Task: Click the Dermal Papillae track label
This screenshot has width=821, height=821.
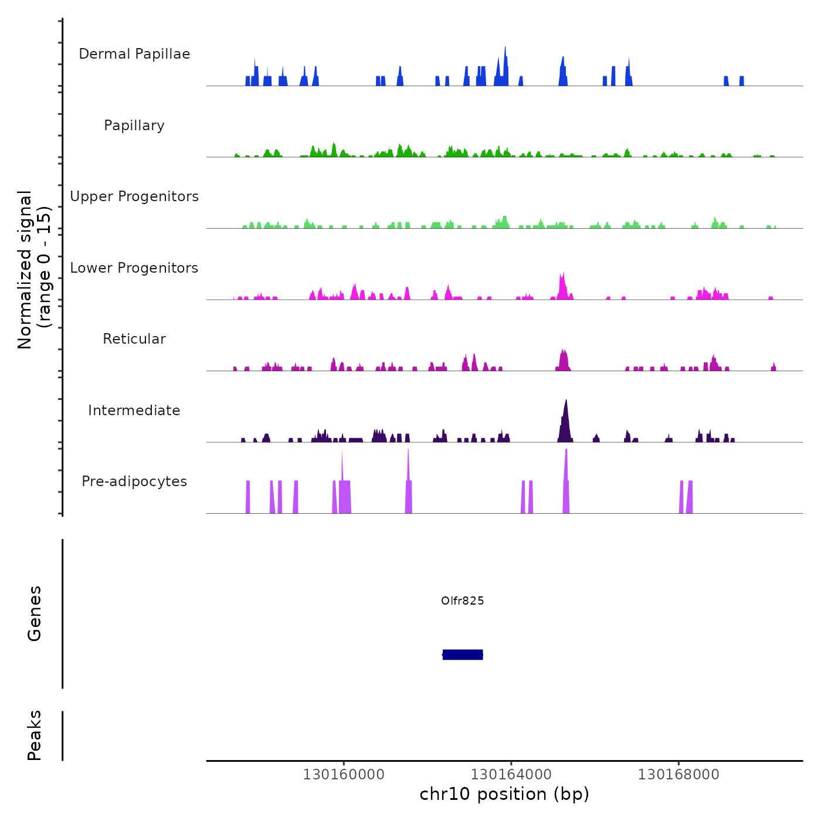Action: point(134,54)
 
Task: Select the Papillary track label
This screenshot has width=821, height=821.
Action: point(134,125)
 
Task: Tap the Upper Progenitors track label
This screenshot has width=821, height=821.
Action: point(134,196)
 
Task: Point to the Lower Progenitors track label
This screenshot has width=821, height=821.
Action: point(134,268)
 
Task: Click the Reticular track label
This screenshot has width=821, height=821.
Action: point(134,339)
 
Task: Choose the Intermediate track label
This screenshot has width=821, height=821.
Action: point(134,410)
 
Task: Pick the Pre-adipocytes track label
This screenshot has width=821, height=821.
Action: point(134,481)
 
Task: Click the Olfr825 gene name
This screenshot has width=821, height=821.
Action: point(463,601)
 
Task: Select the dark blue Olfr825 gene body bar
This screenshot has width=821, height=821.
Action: point(463,654)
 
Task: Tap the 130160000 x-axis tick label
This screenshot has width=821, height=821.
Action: point(344,775)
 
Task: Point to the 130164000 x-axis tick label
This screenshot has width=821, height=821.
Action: point(511,775)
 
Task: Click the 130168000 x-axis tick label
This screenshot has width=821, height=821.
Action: point(678,775)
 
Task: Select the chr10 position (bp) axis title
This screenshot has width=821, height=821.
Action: point(504,794)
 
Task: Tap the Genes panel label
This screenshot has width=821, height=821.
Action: point(35,613)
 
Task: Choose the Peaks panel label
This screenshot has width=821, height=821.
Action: point(35,735)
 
